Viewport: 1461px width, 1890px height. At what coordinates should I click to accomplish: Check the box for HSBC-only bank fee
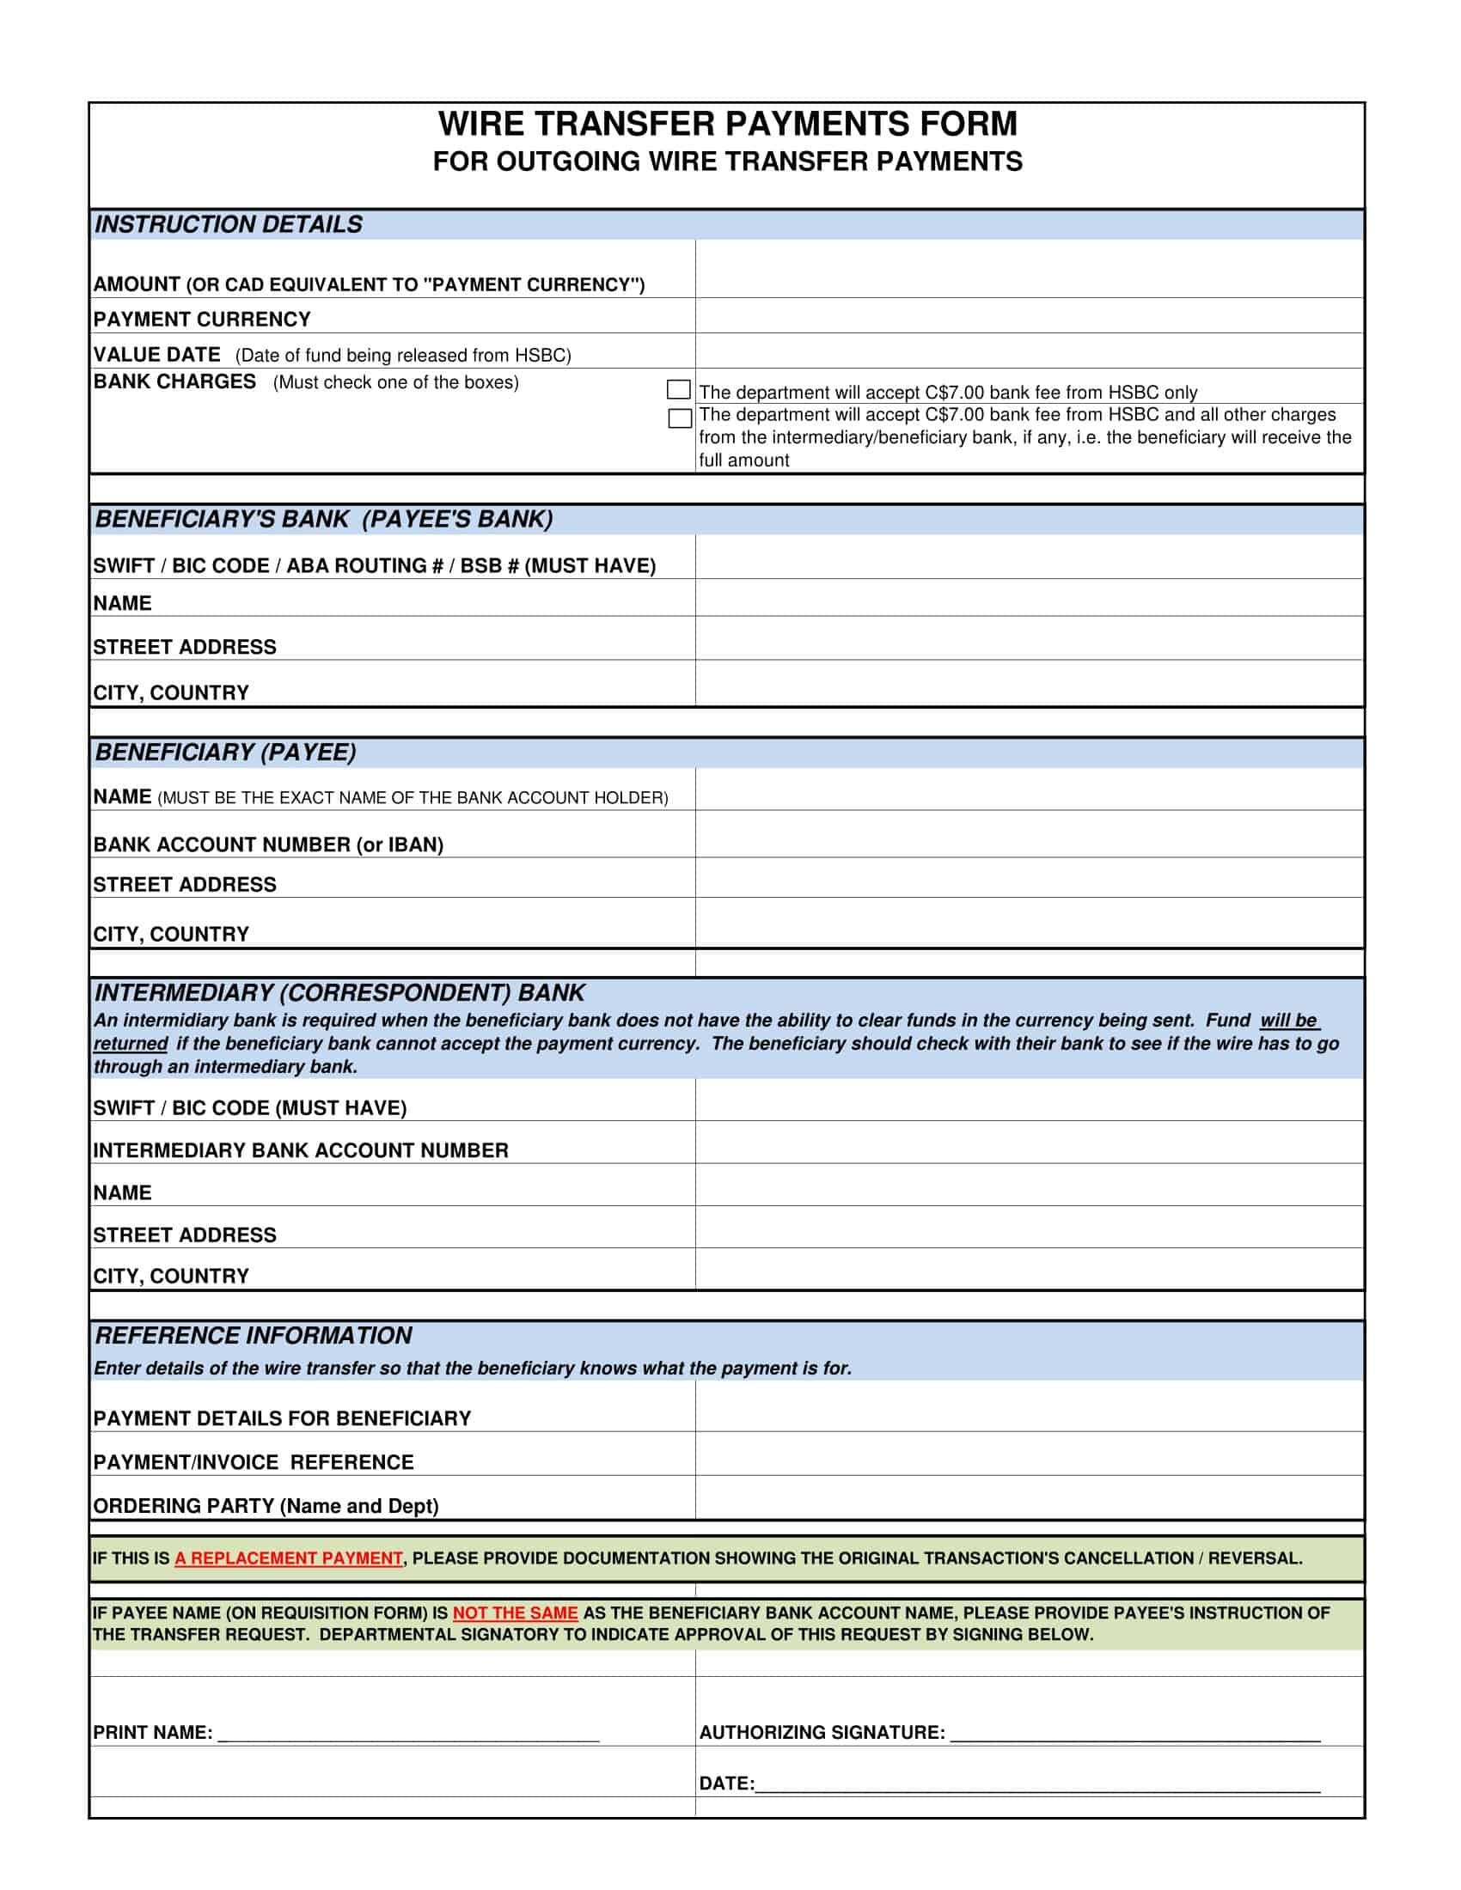point(679,389)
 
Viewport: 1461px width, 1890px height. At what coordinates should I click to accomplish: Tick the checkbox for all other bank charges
point(680,419)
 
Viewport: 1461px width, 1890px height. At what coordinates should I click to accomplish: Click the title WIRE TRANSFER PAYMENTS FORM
point(727,125)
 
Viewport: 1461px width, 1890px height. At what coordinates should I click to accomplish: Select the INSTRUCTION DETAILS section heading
point(229,225)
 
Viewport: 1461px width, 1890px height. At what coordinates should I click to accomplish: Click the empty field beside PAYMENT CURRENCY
point(1028,316)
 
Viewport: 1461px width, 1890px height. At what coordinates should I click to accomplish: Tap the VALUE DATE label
point(157,355)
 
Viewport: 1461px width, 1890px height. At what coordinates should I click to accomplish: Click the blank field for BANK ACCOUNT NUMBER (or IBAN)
point(1028,834)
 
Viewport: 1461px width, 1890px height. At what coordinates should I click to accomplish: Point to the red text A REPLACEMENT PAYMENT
point(288,1558)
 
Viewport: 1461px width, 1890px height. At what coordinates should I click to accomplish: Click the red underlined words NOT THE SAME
point(515,1613)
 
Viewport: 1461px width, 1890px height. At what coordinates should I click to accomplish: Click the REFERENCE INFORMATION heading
point(254,1336)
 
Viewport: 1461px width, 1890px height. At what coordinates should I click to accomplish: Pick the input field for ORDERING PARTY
point(1028,1498)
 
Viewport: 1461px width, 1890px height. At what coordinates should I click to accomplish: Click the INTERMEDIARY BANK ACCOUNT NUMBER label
point(300,1151)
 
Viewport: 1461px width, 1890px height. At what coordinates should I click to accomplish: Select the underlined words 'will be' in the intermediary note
point(1289,1021)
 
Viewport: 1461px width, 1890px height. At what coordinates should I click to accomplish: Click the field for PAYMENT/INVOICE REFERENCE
point(1028,1454)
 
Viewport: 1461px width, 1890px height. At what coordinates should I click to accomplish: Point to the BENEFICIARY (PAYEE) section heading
point(226,753)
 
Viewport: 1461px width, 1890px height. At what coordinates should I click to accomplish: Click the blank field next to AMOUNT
point(1028,270)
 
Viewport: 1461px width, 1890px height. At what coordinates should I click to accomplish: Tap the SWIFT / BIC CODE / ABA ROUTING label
point(374,566)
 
